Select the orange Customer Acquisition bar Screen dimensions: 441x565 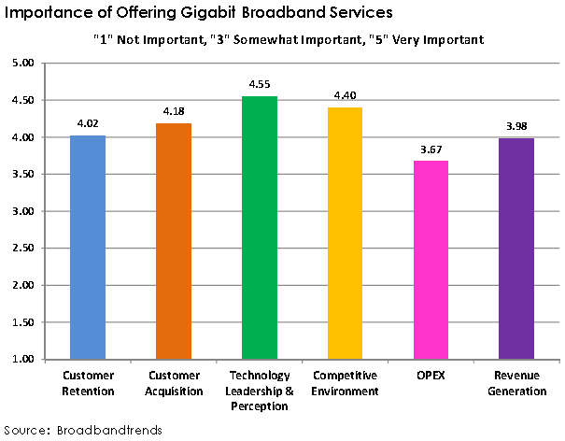pyautogui.click(x=173, y=241)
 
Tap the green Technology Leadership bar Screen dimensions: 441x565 pyautogui.click(x=258, y=228)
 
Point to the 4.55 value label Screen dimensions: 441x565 pyautogui.click(x=259, y=84)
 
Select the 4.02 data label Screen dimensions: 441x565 pyautogui.click(x=88, y=123)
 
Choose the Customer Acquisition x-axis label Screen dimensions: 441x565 pyautogui.click(x=173, y=384)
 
